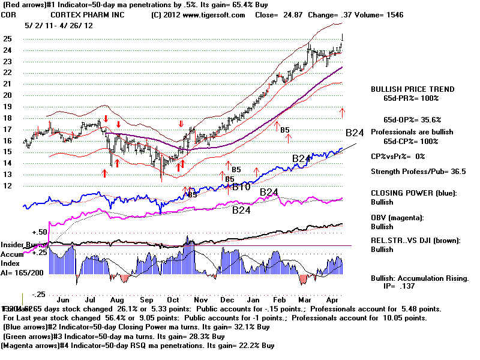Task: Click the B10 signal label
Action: coord(242,187)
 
